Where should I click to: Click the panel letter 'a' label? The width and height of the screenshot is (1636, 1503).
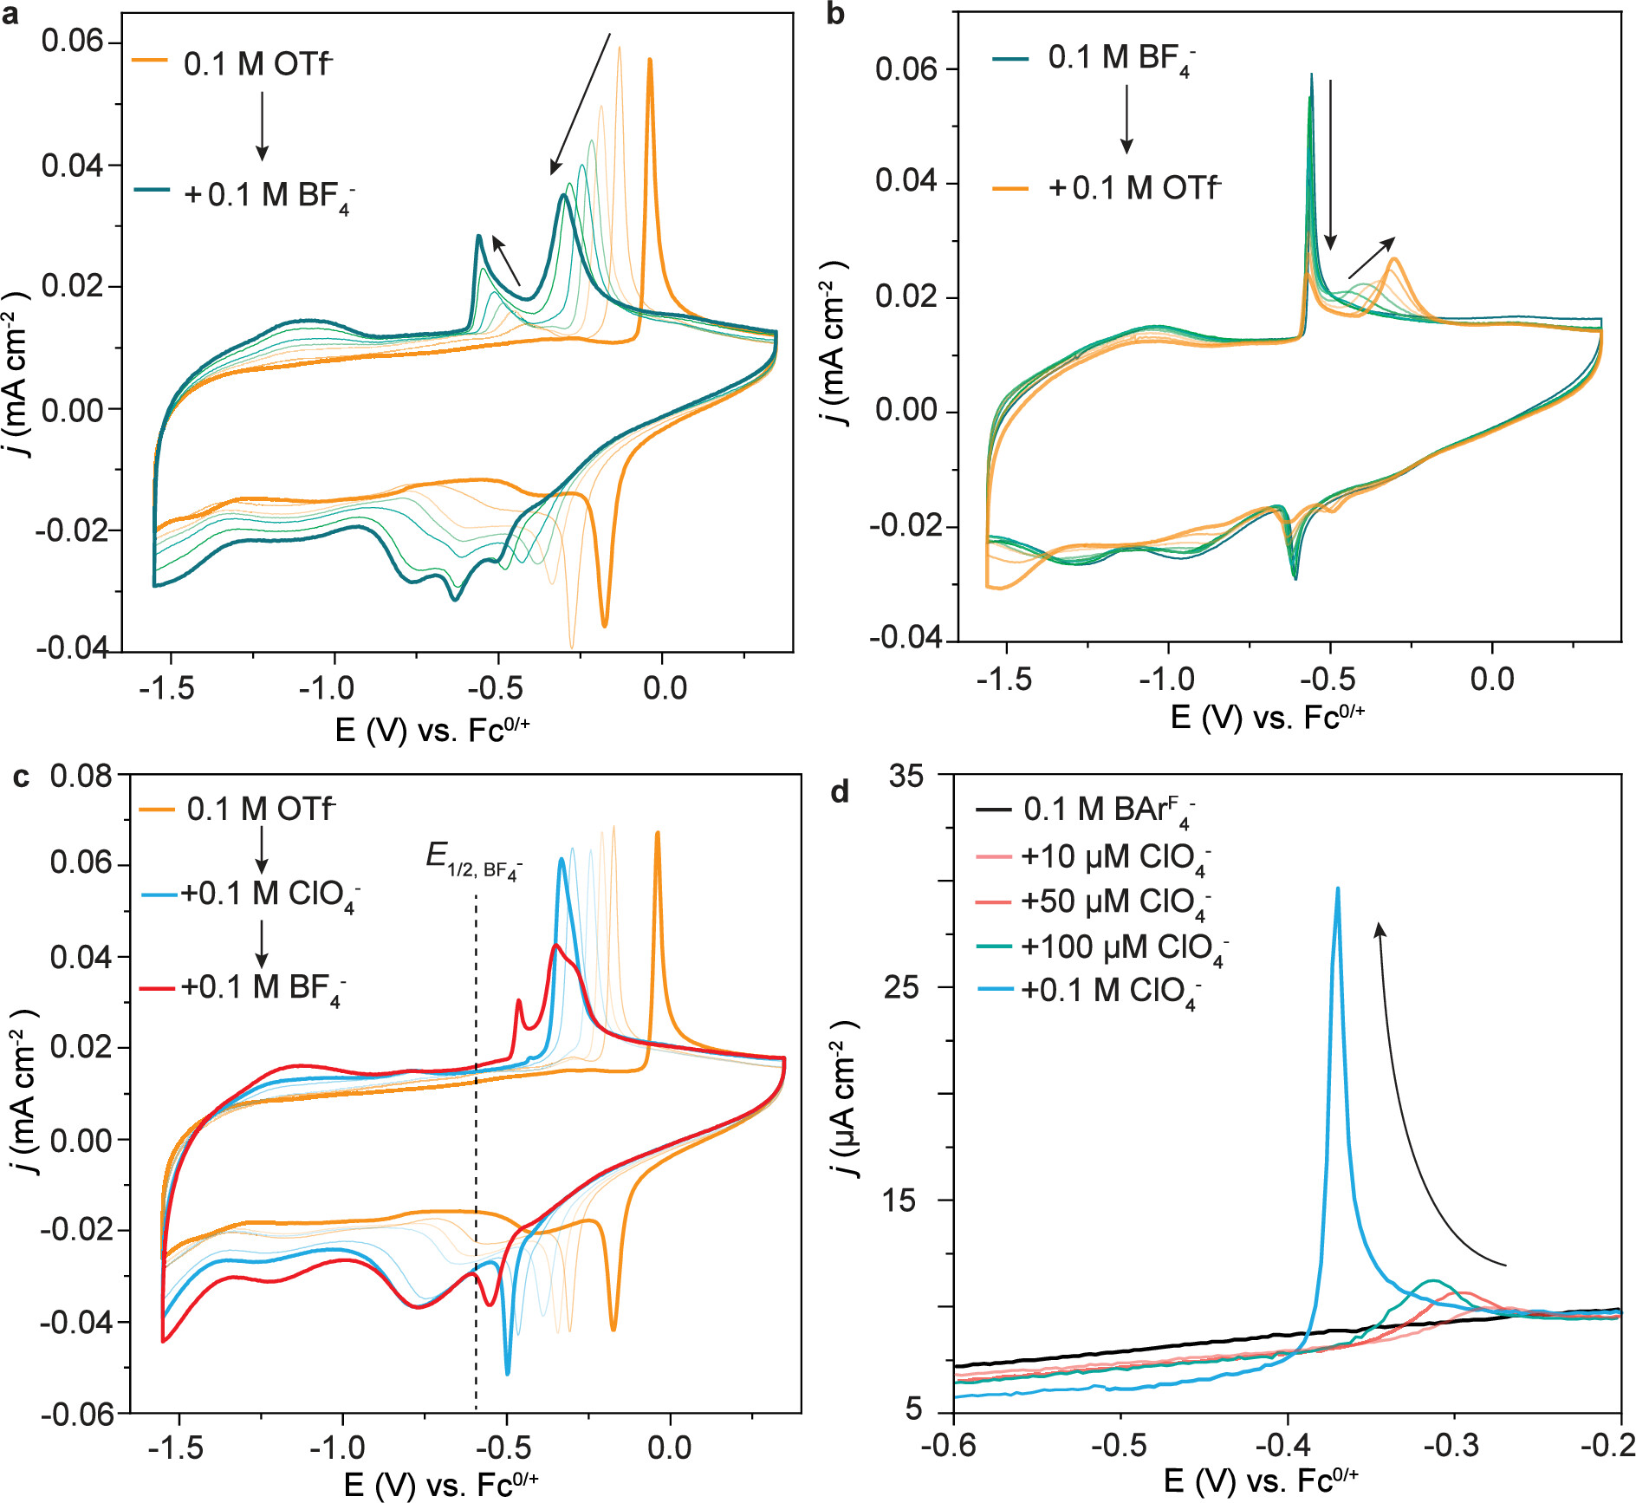11,16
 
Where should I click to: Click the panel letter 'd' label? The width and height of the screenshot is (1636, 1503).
840,791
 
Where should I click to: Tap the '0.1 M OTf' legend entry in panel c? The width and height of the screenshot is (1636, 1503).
260,810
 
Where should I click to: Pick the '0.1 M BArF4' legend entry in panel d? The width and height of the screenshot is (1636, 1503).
1108,810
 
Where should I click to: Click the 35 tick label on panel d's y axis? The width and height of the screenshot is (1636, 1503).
906,777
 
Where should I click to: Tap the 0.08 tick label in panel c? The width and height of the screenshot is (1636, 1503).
81,776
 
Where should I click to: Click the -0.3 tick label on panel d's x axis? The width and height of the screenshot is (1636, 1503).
1453,1446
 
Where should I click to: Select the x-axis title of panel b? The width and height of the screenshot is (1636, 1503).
1268,718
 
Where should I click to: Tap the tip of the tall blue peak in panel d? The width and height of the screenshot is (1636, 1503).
1338,888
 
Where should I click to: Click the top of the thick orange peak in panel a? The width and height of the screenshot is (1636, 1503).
649,60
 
